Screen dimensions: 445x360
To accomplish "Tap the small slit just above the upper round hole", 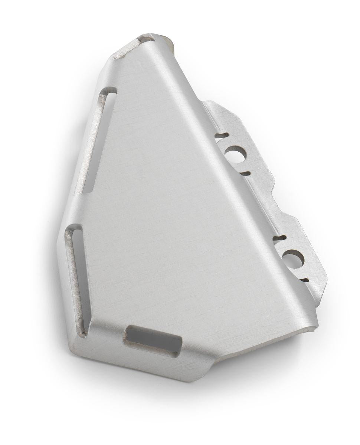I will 221,136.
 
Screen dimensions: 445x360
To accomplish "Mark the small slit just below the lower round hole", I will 304,279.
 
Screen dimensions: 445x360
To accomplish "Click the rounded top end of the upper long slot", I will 109,91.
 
